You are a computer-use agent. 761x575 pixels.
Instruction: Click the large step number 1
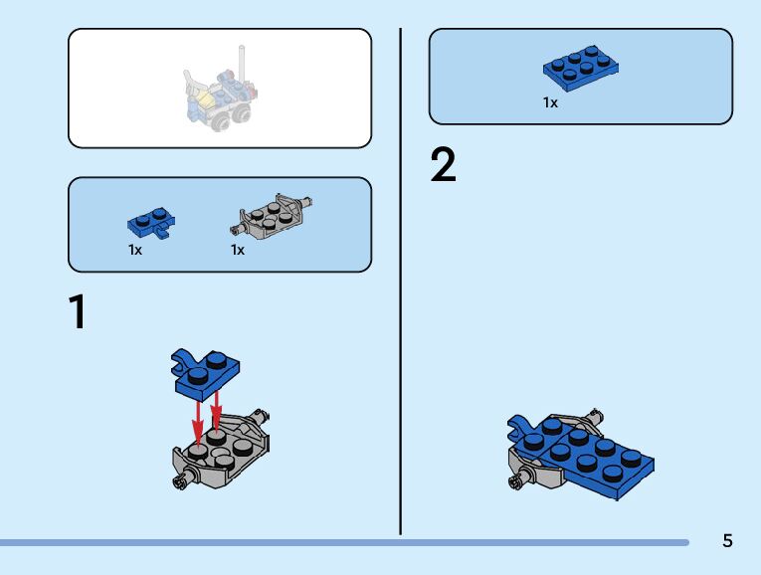78,311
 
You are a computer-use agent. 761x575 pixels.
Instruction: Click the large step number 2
444,165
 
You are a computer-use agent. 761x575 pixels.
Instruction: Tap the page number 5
727,541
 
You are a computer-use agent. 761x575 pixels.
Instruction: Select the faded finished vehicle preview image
220,96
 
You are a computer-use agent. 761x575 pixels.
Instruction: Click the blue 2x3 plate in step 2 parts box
583,67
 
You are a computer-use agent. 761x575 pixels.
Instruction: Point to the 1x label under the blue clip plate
135,251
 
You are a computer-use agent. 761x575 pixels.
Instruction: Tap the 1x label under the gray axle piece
238,251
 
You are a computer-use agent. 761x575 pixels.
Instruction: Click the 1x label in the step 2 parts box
550,102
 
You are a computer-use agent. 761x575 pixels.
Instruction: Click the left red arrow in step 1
198,418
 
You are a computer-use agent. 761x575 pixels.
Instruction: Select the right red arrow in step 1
216,408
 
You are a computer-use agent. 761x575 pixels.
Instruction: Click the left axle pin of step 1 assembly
180,484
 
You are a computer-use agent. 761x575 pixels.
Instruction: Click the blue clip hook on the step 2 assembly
520,429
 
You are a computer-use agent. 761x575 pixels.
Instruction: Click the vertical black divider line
401,279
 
